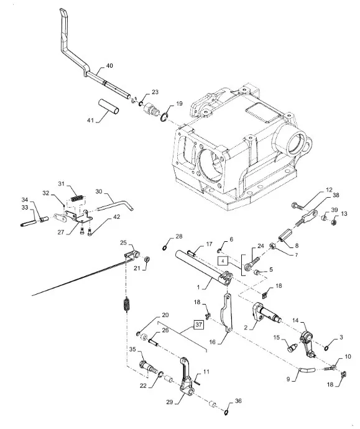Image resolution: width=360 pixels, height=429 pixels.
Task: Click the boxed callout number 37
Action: click(x=199, y=325)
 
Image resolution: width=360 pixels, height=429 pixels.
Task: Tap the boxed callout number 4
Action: click(x=223, y=261)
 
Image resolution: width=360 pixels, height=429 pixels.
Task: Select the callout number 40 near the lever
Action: click(x=109, y=66)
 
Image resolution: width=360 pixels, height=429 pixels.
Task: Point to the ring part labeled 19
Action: click(x=164, y=117)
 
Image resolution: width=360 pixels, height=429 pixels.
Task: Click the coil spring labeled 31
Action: click(x=77, y=198)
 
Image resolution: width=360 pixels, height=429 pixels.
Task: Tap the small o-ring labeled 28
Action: click(x=165, y=248)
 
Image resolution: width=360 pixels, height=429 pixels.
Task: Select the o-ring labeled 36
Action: click(x=226, y=412)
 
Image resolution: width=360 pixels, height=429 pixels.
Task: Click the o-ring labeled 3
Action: click(x=327, y=348)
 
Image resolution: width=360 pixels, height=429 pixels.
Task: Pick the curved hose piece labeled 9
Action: click(x=307, y=370)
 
